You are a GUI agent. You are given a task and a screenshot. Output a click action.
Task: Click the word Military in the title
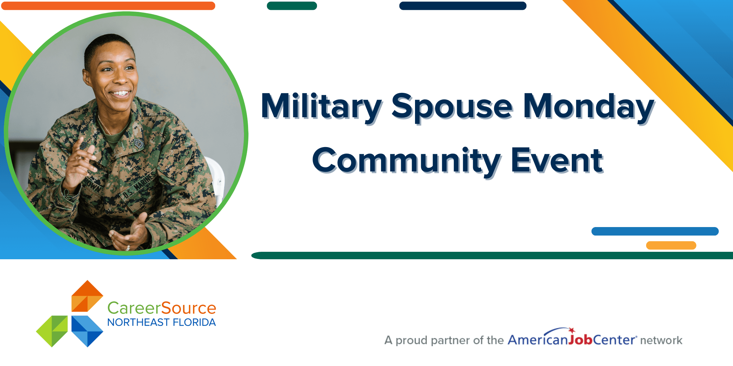(321, 106)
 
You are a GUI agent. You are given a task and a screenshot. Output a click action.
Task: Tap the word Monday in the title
(588, 106)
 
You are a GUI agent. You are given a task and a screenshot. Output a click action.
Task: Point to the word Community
(406, 161)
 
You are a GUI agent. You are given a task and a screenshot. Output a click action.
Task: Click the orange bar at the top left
(108, 6)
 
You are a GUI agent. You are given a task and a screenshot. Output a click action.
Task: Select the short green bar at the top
(292, 6)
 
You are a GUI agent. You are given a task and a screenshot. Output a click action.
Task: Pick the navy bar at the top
(463, 6)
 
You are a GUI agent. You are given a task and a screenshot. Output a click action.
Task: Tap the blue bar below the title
(655, 231)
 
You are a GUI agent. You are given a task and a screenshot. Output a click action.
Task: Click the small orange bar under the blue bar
(671, 245)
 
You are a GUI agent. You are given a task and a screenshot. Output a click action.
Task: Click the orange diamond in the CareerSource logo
(87, 296)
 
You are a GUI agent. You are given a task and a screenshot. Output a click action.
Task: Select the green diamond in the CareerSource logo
(52, 331)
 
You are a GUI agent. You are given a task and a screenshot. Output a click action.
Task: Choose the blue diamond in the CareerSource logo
(87, 331)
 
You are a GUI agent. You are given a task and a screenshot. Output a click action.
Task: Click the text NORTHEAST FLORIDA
(162, 322)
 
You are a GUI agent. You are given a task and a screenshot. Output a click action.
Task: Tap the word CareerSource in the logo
(162, 308)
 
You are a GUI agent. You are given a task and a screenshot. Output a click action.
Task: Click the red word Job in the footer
(581, 340)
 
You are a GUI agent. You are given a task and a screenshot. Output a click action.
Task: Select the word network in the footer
(661, 340)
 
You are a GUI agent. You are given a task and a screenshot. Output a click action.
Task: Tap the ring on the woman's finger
(128, 248)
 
